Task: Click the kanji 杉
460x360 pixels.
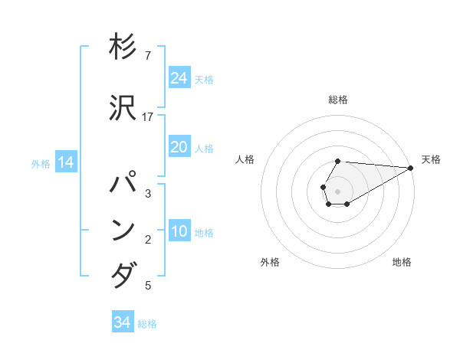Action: [123, 47]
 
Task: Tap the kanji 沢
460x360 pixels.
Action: [123, 108]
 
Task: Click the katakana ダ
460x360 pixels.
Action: [123, 275]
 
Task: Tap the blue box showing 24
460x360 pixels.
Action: [179, 78]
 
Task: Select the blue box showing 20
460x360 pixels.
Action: [179, 147]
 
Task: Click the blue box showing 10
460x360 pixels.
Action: [179, 232]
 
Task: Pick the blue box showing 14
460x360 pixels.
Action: [66, 162]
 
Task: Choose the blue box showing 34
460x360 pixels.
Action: [123, 322]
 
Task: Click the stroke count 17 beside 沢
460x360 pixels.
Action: [148, 117]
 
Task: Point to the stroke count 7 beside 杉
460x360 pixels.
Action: [148, 56]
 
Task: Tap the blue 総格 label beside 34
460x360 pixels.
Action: [147, 324]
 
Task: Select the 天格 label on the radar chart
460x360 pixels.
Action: [431, 159]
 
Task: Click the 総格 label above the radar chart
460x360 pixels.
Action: [338, 100]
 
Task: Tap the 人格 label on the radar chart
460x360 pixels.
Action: [245, 159]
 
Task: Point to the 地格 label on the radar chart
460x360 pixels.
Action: [402, 262]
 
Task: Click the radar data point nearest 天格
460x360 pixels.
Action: [411, 168]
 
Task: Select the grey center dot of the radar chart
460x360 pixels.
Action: [337, 190]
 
